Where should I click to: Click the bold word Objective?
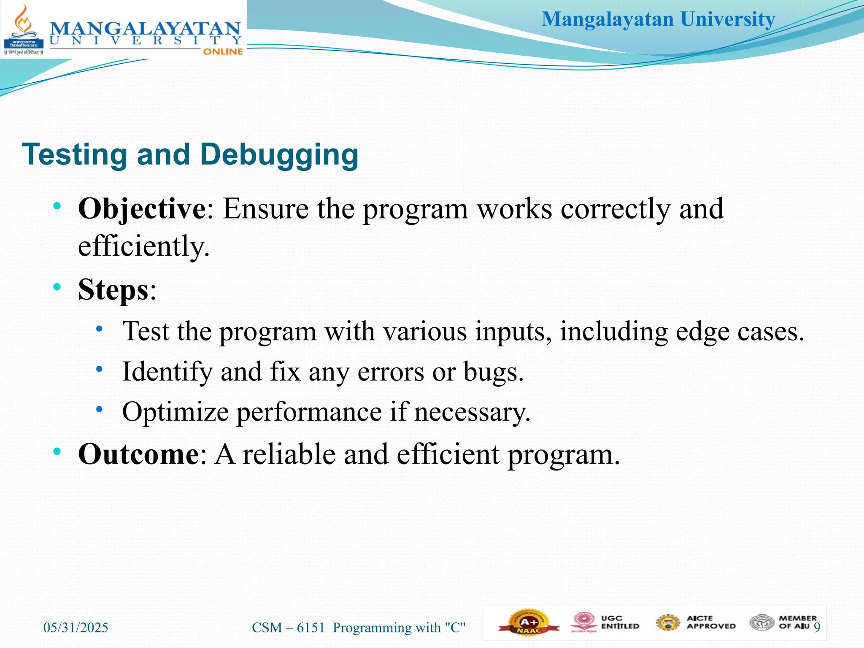coord(142,209)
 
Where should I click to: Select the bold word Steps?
coord(113,290)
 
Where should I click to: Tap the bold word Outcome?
coord(138,454)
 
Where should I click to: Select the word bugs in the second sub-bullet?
coord(493,372)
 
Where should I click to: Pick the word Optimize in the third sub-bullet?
coord(175,412)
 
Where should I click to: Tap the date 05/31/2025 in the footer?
coord(76,627)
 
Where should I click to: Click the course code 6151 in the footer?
coord(311,627)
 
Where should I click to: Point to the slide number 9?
coord(817,627)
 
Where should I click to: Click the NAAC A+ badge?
coord(529,623)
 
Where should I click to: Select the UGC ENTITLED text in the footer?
coord(620,622)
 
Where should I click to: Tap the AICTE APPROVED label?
coord(710,622)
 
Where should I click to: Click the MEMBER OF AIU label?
coord(797,622)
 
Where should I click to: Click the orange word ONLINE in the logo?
coord(223,51)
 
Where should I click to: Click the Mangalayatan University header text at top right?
coord(658,19)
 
